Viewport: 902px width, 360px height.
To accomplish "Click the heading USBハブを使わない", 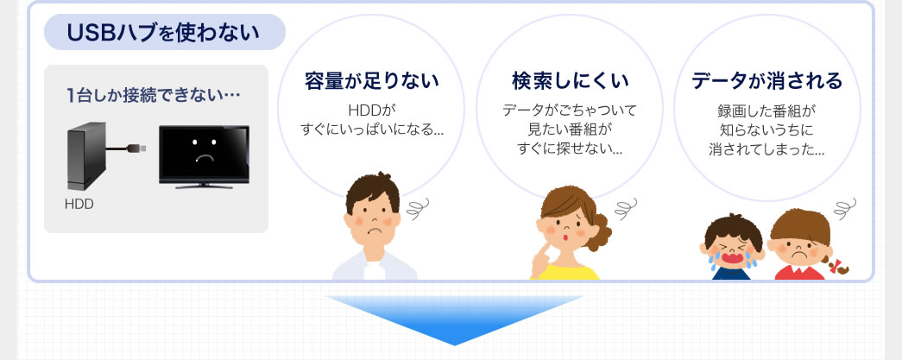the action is [163, 33].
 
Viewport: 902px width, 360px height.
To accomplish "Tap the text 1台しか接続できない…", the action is [153, 95].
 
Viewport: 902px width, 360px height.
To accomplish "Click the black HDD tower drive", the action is [87, 156].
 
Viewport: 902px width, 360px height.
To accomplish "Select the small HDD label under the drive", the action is [79, 204].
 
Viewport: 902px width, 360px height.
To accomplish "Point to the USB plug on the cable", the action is [139, 148].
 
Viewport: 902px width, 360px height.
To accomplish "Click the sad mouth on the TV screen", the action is [204, 158].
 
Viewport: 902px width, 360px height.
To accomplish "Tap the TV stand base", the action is [204, 186].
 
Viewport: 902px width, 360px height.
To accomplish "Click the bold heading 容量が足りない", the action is [372, 81].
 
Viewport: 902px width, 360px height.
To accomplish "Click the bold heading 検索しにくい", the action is [570, 81].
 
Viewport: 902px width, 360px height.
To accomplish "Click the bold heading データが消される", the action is [766, 81].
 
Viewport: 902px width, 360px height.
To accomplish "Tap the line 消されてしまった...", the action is [766, 150].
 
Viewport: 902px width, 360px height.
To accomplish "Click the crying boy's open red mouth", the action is [732, 256].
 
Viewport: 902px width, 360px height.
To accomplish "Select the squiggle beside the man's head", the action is [419, 209].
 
